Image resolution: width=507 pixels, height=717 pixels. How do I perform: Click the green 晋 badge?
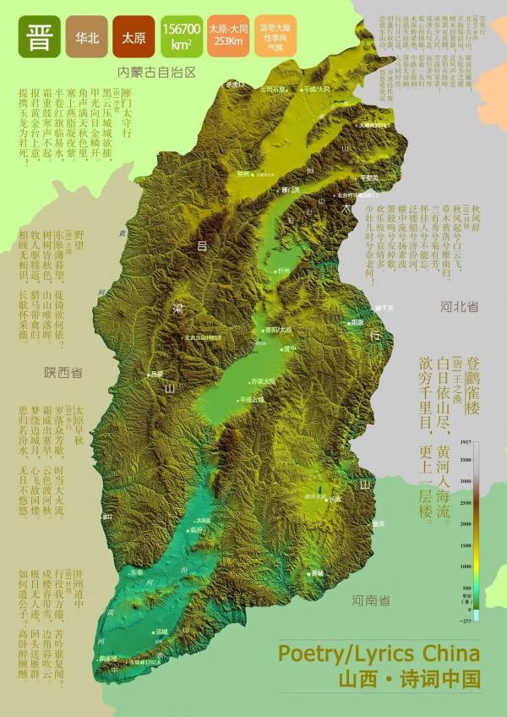39,39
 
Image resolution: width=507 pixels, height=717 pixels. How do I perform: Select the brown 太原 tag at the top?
135,39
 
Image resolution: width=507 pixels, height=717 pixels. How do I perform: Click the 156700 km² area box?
182,39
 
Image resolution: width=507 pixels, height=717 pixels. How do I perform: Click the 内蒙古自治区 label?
156,73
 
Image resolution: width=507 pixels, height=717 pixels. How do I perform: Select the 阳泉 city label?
357,322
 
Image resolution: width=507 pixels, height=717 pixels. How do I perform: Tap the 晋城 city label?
318,572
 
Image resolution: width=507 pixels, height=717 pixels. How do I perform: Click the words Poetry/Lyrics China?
379,654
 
